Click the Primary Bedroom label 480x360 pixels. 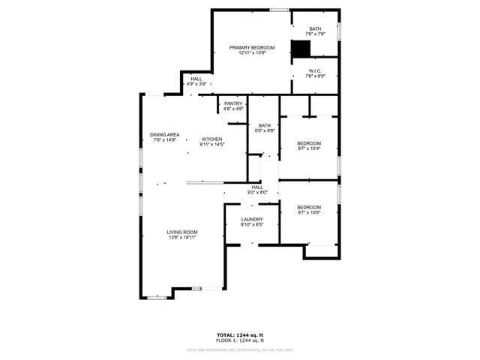click(x=252, y=47)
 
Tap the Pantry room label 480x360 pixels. click(x=234, y=103)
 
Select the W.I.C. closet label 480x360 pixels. click(x=315, y=71)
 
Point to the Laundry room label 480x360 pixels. click(x=251, y=219)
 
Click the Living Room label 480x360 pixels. click(x=182, y=232)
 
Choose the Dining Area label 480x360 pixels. click(x=164, y=135)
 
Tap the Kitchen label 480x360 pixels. click(x=212, y=139)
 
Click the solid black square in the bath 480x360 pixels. click(x=301, y=49)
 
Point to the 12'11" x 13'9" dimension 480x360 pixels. click(x=252, y=52)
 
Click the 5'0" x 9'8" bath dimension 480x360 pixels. click(x=265, y=130)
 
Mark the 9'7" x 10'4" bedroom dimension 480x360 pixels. click(x=309, y=148)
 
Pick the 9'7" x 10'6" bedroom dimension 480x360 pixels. click(x=309, y=212)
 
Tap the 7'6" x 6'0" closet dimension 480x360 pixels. click(x=315, y=76)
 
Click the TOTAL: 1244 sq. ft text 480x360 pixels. click(x=240, y=334)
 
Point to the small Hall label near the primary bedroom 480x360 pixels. click(x=196, y=78)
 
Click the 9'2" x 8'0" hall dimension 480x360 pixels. click(x=258, y=193)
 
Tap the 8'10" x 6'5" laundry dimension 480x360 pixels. click(x=251, y=224)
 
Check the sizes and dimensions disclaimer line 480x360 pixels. click(x=240, y=349)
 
